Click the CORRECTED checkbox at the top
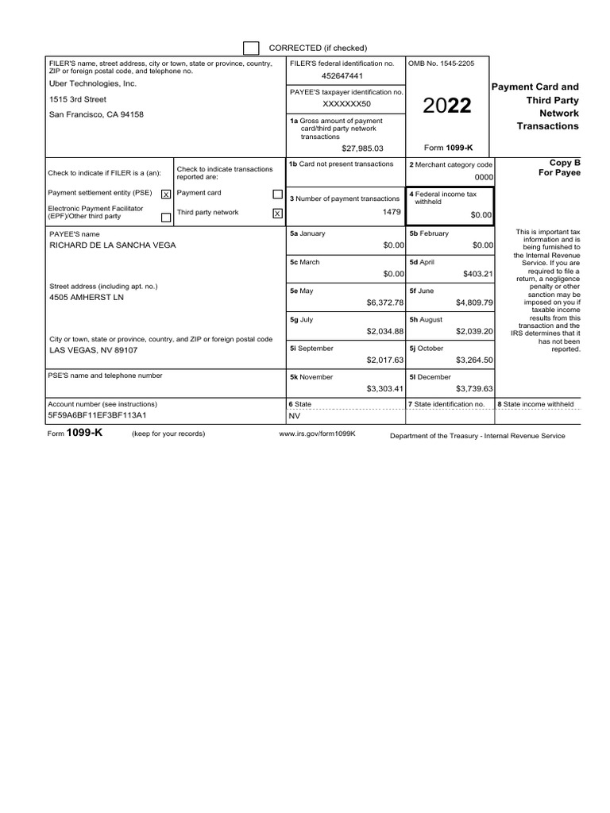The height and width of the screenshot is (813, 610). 251,48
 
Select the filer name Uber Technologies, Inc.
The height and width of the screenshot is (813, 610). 93,83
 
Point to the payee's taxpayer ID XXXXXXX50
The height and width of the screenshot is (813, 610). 346,105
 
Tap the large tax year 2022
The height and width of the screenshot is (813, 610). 446,106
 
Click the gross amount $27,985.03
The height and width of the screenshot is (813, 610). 362,148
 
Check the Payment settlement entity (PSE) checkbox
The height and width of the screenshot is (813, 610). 165,194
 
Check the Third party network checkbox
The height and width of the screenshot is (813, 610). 277,213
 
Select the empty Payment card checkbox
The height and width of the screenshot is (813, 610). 277,194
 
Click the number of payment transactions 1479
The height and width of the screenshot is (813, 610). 392,213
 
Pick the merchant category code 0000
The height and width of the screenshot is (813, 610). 484,178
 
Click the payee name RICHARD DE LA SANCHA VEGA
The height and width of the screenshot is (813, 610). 113,245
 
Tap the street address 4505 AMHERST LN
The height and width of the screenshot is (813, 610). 87,298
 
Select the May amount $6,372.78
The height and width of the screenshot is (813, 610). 385,302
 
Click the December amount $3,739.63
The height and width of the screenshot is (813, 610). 474,389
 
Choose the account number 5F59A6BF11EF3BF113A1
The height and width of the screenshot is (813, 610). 98,415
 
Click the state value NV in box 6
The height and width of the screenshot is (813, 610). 295,415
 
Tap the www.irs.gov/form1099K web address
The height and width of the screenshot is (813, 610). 317,434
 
